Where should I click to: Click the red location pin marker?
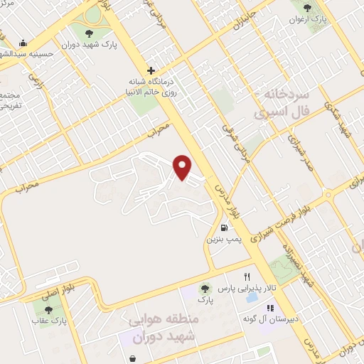pos(183,166)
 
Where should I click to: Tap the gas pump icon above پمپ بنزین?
pos(225,228)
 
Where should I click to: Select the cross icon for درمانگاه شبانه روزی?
pos(151,70)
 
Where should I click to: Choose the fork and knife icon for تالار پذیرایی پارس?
pos(247,276)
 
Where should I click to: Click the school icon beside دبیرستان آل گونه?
pos(270,308)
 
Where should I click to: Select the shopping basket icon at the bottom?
pos(135,358)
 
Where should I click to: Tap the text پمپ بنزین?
pos(225,240)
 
